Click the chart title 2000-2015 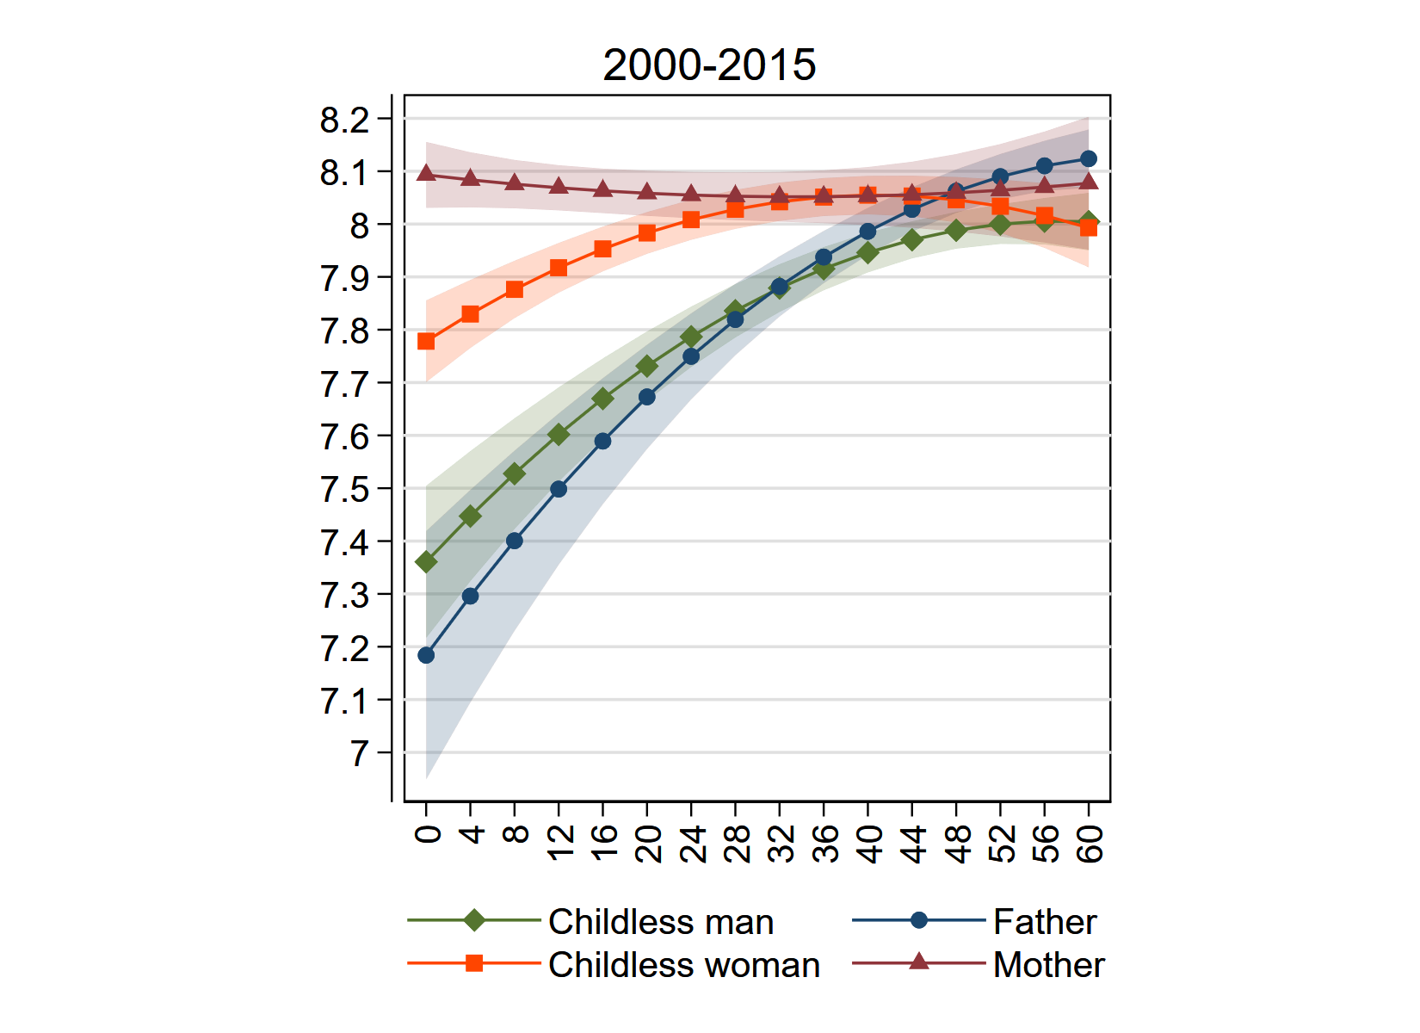pyautogui.click(x=709, y=65)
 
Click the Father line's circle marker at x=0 pyautogui.click(x=426, y=655)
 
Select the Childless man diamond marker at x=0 pyautogui.click(x=426, y=562)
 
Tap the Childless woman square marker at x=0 pyautogui.click(x=426, y=342)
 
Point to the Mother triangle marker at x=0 pyautogui.click(x=426, y=173)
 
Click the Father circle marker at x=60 pyautogui.click(x=1089, y=158)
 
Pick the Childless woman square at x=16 pyautogui.click(x=602, y=249)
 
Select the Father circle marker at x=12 pyautogui.click(x=559, y=489)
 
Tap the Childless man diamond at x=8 pyautogui.click(x=515, y=473)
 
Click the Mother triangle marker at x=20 pyautogui.click(x=647, y=190)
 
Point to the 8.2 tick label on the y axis pyautogui.click(x=344, y=120)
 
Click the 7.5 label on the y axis pyautogui.click(x=344, y=490)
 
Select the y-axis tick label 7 pyautogui.click(x=359, y=754)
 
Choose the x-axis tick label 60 pyautogui.click(x=1090, y=844)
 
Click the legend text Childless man pyautogui.click(x=661, y=922)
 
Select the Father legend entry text pyautogui.click(x=1045, y=922)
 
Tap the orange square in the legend pyautogui.click(x=473, y=963)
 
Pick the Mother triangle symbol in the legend pyautogui.click(x=919, y=962)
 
